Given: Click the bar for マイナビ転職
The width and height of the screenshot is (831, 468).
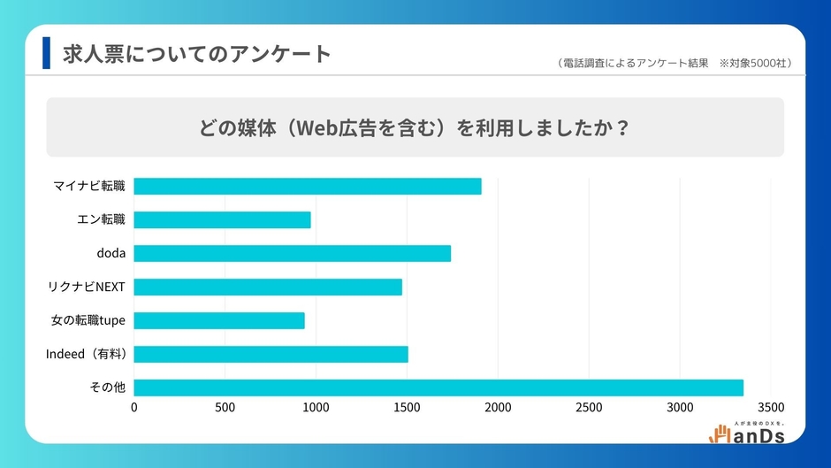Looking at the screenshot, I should [308, 186].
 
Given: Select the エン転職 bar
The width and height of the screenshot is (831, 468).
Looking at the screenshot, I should [223, 219].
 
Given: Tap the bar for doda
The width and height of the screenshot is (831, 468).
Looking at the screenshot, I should [293, 253].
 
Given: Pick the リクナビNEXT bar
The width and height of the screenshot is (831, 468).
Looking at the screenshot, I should [268, 287].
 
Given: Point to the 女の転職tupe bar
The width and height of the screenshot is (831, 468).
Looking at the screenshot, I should [219, 320].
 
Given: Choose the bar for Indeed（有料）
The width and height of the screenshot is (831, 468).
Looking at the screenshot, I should [271, 354].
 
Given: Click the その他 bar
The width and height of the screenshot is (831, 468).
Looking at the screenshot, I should [438, 387].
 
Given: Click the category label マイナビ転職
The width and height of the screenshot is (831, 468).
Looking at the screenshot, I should [89, 186].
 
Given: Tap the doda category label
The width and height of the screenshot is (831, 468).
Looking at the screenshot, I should [111, 253].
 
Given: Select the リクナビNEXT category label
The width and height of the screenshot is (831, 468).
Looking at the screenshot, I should [87, 287].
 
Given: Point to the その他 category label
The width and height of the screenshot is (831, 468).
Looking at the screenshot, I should [109, 387].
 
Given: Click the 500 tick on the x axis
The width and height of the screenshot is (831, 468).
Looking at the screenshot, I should [225, 408].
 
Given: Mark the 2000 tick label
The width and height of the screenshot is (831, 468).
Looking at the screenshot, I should [498, 408].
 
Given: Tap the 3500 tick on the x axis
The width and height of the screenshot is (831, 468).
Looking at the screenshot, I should [771, 408].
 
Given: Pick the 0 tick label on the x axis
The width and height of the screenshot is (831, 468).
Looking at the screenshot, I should [134, 408].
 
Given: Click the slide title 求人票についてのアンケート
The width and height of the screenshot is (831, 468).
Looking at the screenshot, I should [196, 54].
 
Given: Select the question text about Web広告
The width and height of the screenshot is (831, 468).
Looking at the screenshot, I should [415, 127].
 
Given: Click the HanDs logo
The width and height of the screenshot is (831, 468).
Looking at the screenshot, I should [747, 432].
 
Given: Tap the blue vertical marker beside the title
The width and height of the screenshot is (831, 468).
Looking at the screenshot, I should [47, 53].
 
